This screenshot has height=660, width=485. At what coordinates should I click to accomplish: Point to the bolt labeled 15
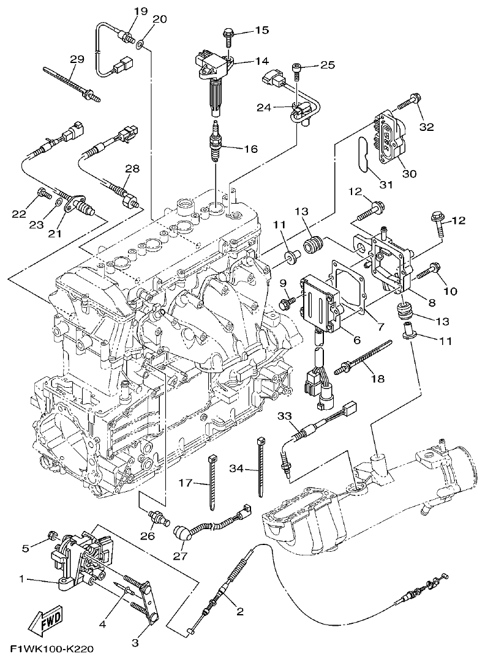click(228, 35)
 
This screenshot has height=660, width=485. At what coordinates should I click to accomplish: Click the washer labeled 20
click(141, 44)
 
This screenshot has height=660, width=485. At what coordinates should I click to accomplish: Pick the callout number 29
click(77, 59)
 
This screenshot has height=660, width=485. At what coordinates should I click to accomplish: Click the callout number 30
click(409, 174)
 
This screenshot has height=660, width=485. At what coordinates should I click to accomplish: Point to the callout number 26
click(148, 538)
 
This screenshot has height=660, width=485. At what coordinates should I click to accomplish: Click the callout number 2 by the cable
click(239, 611)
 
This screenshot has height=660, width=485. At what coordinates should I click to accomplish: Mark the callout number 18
click(378, 379)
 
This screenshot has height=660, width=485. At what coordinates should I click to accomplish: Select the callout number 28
click(132, 168)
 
